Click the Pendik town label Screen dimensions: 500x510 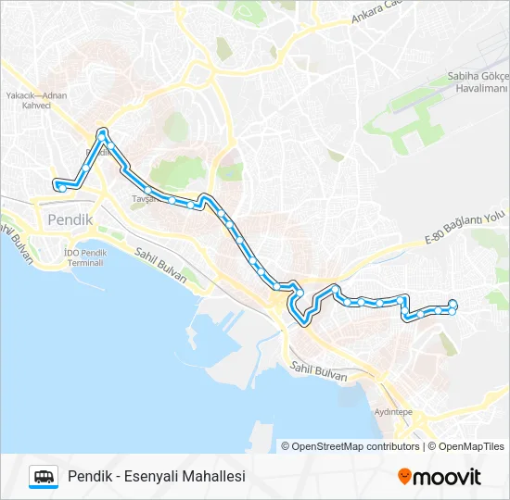(x=65, y=220)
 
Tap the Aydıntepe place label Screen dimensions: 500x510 (x=392, y=410)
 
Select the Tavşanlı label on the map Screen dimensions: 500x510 (x=147, y=199)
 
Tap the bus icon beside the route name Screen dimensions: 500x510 (x=44, y=476)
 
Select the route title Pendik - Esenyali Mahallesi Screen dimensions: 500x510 (x=156, y=476)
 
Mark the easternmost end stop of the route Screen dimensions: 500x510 (x=453, y=304)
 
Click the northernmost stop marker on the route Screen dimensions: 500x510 (x=102, y=131)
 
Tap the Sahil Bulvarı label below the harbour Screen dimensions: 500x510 (x=318, y=371)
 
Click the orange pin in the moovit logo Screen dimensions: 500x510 (x=404, y=477)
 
